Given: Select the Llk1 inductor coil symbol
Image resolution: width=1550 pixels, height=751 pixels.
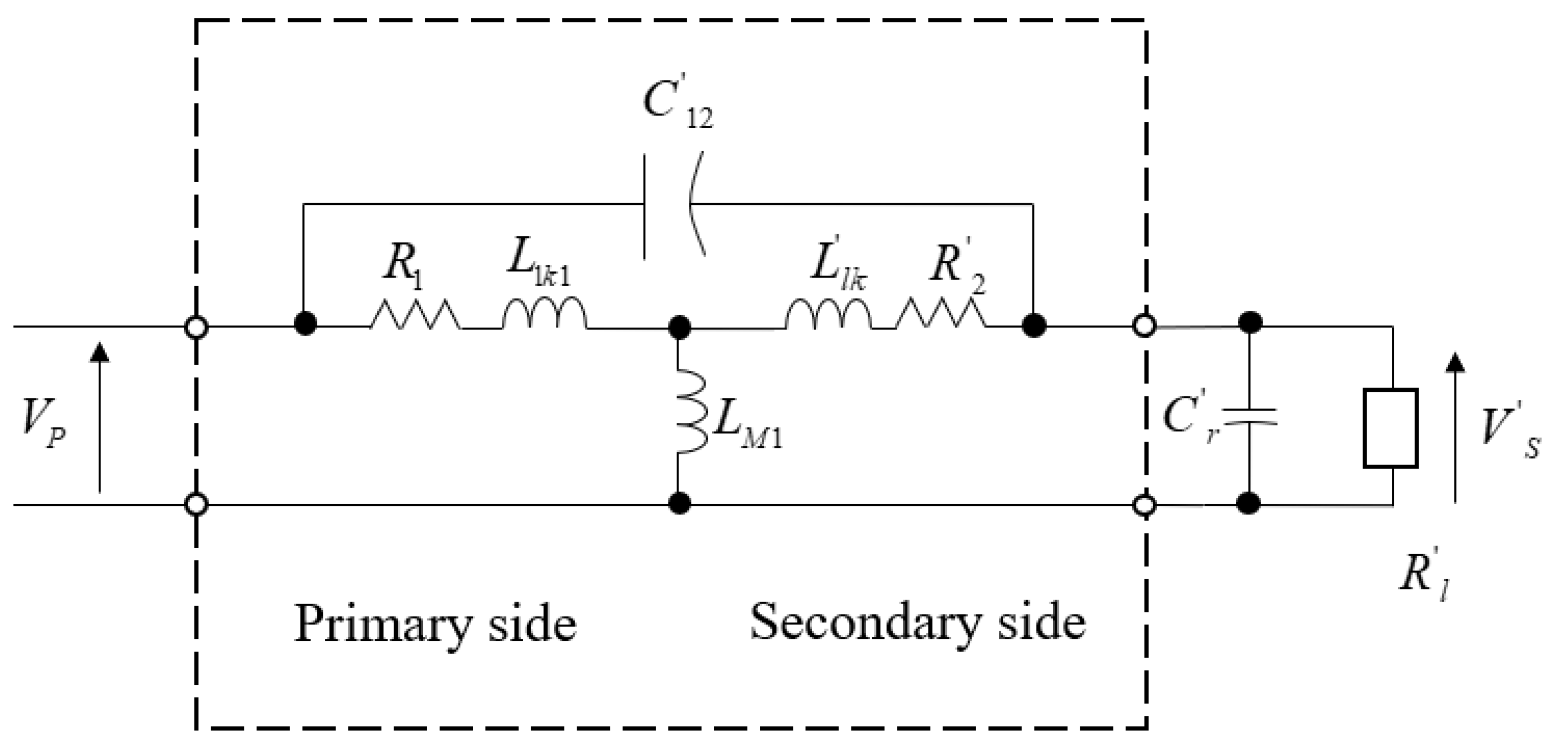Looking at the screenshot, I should [544, 314].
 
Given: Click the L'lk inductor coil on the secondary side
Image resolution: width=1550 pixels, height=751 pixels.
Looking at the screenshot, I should [828, 314].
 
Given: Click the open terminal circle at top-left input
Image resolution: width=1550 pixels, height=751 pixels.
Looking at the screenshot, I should [196, 328].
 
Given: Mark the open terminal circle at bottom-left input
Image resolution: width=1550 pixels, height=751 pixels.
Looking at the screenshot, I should [196, 504].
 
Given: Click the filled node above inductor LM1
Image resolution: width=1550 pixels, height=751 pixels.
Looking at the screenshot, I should [679, 328].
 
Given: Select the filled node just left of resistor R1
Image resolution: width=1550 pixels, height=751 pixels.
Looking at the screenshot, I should [306, 325].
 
